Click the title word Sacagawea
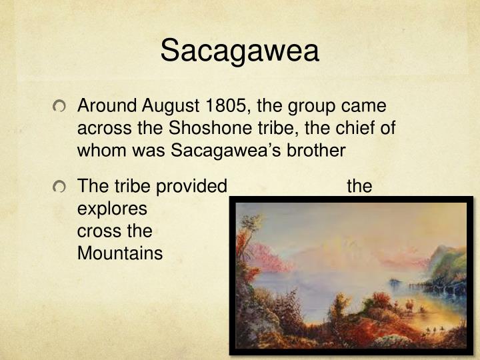pos(240,51)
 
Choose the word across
pos(101,129)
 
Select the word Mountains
pos(120,253)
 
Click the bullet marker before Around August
pos(62,107)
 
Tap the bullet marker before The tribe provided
pos(62,187)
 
